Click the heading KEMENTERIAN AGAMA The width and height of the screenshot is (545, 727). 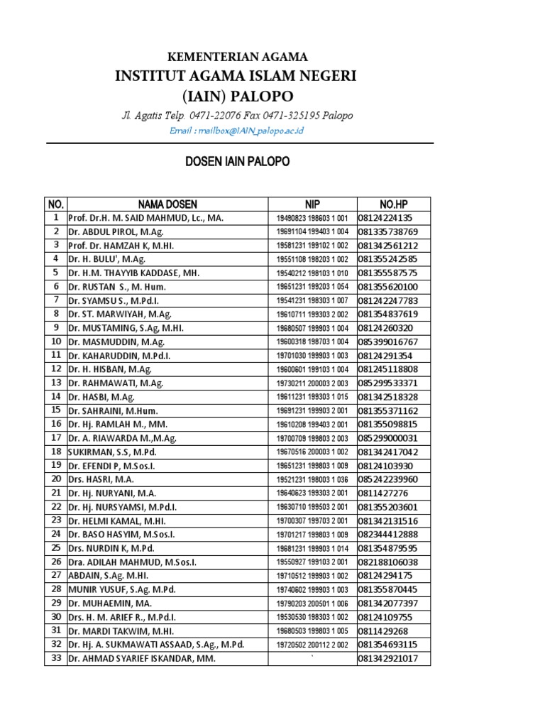click(x=236, y=57)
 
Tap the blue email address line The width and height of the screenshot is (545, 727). click(x=237, y=131)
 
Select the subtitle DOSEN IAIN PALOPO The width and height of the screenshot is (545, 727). click(x=237, y=162)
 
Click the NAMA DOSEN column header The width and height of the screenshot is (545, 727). click(x=167, y=204)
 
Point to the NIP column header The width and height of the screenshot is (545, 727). click(x=312, y=204)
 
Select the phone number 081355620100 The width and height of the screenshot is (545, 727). click(x=388, y=286)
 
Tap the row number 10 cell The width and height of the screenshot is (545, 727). click(x=55, y=341)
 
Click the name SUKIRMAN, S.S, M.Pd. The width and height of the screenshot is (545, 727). click(x=113, y=452)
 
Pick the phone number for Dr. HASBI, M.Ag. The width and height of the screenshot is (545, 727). click(x=388, y=396)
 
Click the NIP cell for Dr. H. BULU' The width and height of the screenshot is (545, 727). click(x=312, y=259)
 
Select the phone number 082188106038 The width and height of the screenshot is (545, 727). click(x=388, y=562)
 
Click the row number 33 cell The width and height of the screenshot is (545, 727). click(x=55, y=658)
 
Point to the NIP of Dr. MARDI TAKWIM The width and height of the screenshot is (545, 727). click(x=312, y=630)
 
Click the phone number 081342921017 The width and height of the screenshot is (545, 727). click(x=388, y=658)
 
